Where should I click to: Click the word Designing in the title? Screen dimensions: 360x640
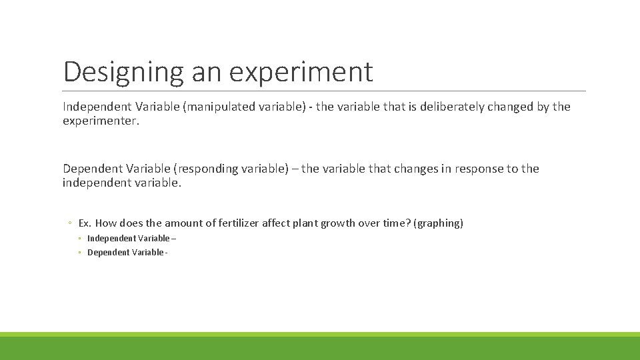(123, 72)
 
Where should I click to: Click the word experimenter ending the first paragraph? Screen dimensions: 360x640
(101, 121)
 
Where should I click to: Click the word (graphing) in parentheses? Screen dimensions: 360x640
(438, 223)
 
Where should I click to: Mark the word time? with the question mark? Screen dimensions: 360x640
(397, 223)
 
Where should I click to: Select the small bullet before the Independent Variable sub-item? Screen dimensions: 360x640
(79, 239)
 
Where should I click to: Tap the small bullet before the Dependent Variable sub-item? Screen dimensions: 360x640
(79, 253)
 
